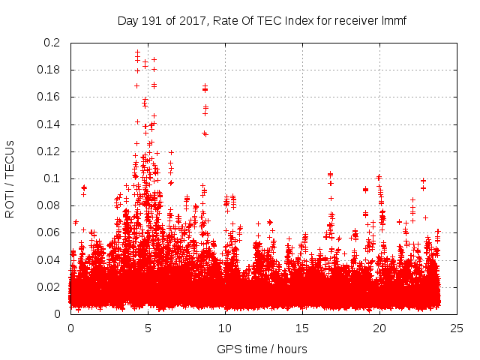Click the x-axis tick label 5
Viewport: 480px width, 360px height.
148,328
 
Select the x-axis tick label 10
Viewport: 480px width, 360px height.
225,328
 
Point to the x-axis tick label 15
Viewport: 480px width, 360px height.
302,328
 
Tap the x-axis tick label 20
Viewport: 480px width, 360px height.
379,328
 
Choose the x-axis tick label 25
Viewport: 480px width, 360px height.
457,328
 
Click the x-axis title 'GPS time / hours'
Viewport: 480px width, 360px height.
262,349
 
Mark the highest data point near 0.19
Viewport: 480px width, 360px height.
137,52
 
